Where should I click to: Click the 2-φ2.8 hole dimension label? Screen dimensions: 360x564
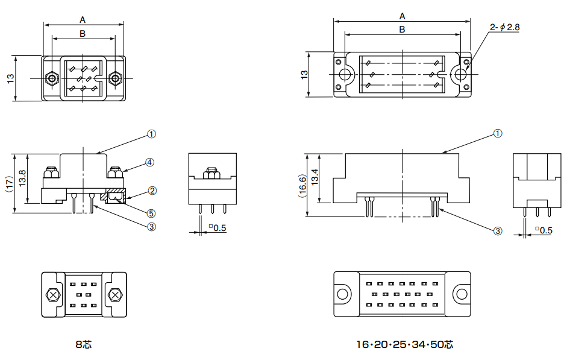point(505,27)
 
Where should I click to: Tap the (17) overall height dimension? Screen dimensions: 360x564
point(9,183)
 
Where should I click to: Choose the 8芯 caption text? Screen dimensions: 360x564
point(83,345)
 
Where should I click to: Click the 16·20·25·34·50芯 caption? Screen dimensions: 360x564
point(404,345)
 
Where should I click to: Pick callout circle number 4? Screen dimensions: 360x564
point(150,162)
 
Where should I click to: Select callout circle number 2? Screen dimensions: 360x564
point(152,191)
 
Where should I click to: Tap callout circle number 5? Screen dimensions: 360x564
point(151,213)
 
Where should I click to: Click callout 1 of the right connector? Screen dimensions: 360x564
point(498,133)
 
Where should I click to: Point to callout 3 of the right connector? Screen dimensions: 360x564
point(498,231)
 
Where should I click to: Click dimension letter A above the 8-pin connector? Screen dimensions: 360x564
point(83,19)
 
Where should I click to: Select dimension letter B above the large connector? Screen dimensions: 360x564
point(402,28)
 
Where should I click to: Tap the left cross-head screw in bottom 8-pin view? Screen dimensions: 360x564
point(53,295)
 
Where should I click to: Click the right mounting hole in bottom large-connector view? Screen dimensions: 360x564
point(461,294)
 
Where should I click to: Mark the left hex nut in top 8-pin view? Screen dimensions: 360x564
point(52,78)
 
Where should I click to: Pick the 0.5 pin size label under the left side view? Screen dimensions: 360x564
point(218,228)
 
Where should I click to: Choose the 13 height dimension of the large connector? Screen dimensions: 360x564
point(304,74)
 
